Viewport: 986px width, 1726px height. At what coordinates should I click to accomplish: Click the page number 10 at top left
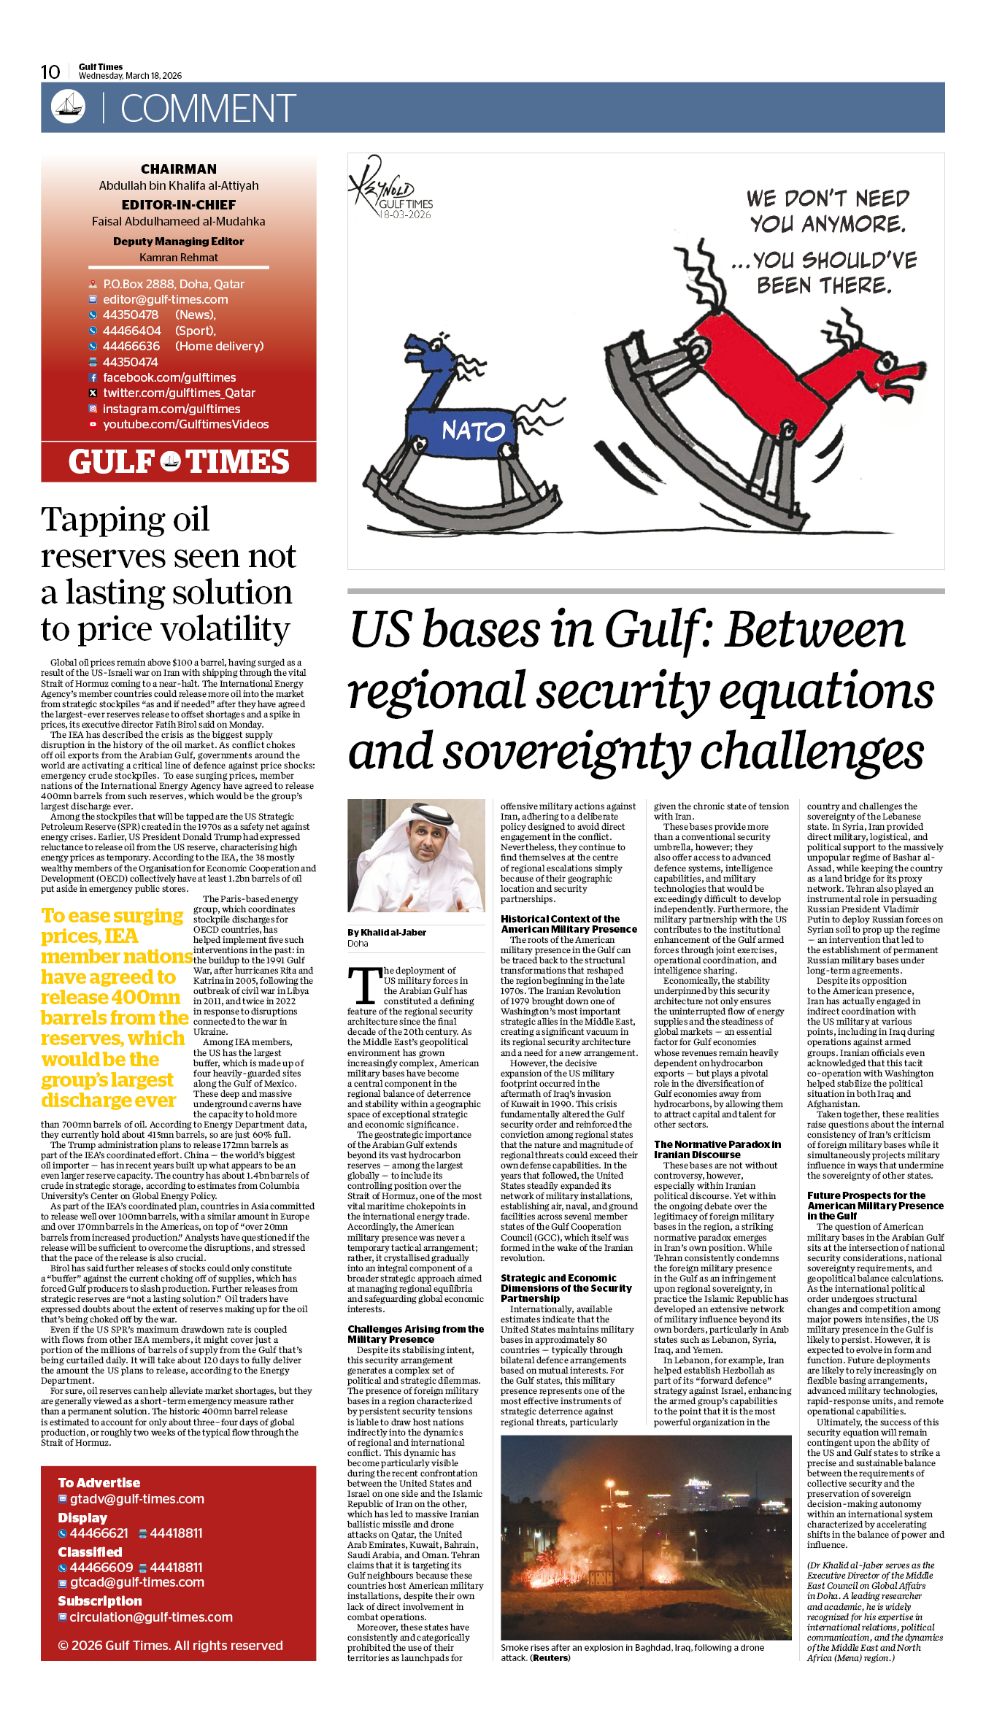point(50,72)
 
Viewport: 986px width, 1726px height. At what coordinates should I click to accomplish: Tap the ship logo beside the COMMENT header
point(68,107)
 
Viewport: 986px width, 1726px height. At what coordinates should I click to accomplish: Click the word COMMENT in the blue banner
point(207,109)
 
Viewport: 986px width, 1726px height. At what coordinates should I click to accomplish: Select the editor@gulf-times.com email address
point(165,299)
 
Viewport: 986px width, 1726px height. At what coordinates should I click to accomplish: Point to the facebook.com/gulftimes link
point(169,377)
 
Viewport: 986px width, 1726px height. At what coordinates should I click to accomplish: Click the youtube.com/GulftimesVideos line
point(185,424)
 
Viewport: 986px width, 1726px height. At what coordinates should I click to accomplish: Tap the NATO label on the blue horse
point(473,431)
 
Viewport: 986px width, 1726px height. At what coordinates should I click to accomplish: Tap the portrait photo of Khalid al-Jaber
point(416,855)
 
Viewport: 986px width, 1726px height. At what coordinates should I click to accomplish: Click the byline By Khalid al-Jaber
point(387,932)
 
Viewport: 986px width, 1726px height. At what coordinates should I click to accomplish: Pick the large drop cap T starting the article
point(364,986)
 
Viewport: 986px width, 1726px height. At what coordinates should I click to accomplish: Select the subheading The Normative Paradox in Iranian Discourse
point(717,1149)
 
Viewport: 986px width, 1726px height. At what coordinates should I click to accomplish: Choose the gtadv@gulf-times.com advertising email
point(136,1498)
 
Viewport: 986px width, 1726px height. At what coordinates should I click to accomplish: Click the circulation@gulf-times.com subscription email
point(150,1617)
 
